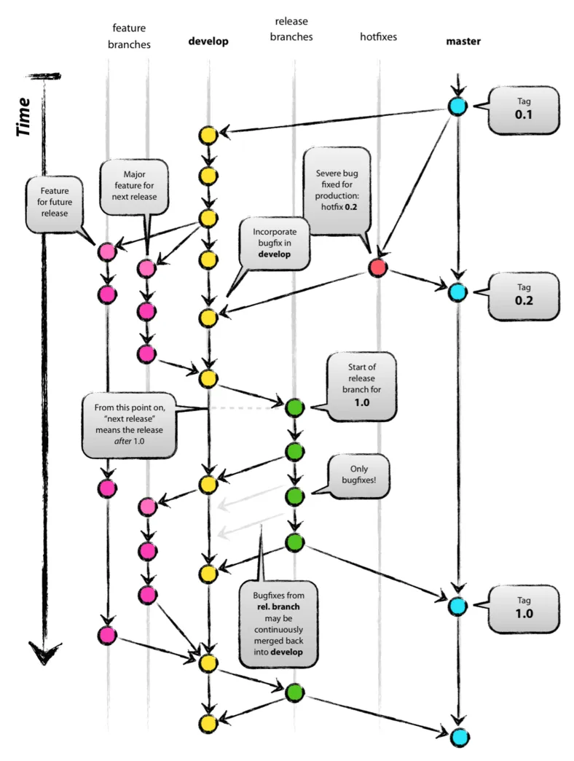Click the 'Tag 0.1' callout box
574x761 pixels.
click(524, 110)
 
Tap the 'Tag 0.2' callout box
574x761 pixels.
click(524, 297)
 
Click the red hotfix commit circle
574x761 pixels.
click(377, 268)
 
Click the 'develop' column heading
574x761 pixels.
click(208, 42)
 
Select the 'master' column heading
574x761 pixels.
click(463, 42)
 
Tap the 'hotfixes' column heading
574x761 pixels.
click(378, 36)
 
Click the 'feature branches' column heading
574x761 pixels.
click(128, 36)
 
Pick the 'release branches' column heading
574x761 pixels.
click(295, 29)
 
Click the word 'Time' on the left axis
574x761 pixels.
click(25, 117)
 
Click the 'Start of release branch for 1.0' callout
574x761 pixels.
click(362, 386)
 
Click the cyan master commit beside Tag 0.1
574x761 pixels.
click(457, 107)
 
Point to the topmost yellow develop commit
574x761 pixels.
click(208, 135)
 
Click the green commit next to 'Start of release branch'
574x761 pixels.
click(294, 407)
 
